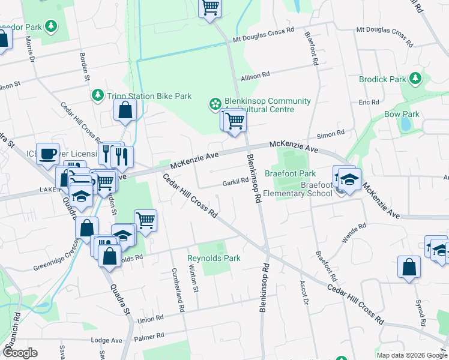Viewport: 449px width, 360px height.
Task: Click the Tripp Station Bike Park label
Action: [149, 96]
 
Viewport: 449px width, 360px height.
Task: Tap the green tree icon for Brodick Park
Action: [415, 79]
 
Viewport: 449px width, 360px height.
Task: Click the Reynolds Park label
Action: [214, 258]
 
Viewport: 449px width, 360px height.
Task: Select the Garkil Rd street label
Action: [235, 181]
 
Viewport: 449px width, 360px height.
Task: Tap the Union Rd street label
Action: [151, 319]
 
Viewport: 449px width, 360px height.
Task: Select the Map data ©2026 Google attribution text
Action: [411, 355]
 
